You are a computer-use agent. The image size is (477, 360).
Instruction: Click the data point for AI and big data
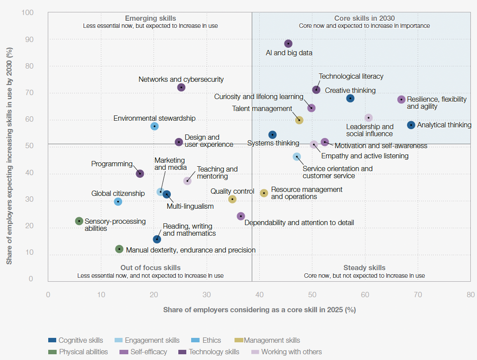[x=288, y=43]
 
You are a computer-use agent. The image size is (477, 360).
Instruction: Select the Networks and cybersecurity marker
[x=181, y=87]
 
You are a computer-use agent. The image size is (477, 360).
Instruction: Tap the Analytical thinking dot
[x=411, y=125]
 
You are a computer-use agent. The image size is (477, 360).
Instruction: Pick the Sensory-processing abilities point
[x=79, y=221]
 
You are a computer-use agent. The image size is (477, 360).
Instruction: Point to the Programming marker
[x=140, y=173]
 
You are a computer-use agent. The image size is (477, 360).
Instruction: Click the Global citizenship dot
[x=118, y=202]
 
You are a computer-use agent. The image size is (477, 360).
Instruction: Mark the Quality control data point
[x=232, y=199]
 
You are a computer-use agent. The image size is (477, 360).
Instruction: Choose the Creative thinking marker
[x=350, y=98]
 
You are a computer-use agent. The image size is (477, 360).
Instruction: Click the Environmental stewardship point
[x=154, y=126]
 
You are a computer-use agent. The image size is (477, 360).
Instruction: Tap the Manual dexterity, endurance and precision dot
[x=119, y=249]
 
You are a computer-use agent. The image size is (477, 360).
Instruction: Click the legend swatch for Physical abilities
[x=52, y=352]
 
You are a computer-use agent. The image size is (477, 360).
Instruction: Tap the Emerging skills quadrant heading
[x=150, y=18]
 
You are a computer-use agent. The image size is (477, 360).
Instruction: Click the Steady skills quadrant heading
[x=364, y=268]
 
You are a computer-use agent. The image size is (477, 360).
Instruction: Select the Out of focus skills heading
[x=150, y=268]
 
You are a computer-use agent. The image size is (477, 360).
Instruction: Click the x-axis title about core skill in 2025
[x=259, y=310]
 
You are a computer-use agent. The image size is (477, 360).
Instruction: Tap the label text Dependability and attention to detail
[x=299, y=222]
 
